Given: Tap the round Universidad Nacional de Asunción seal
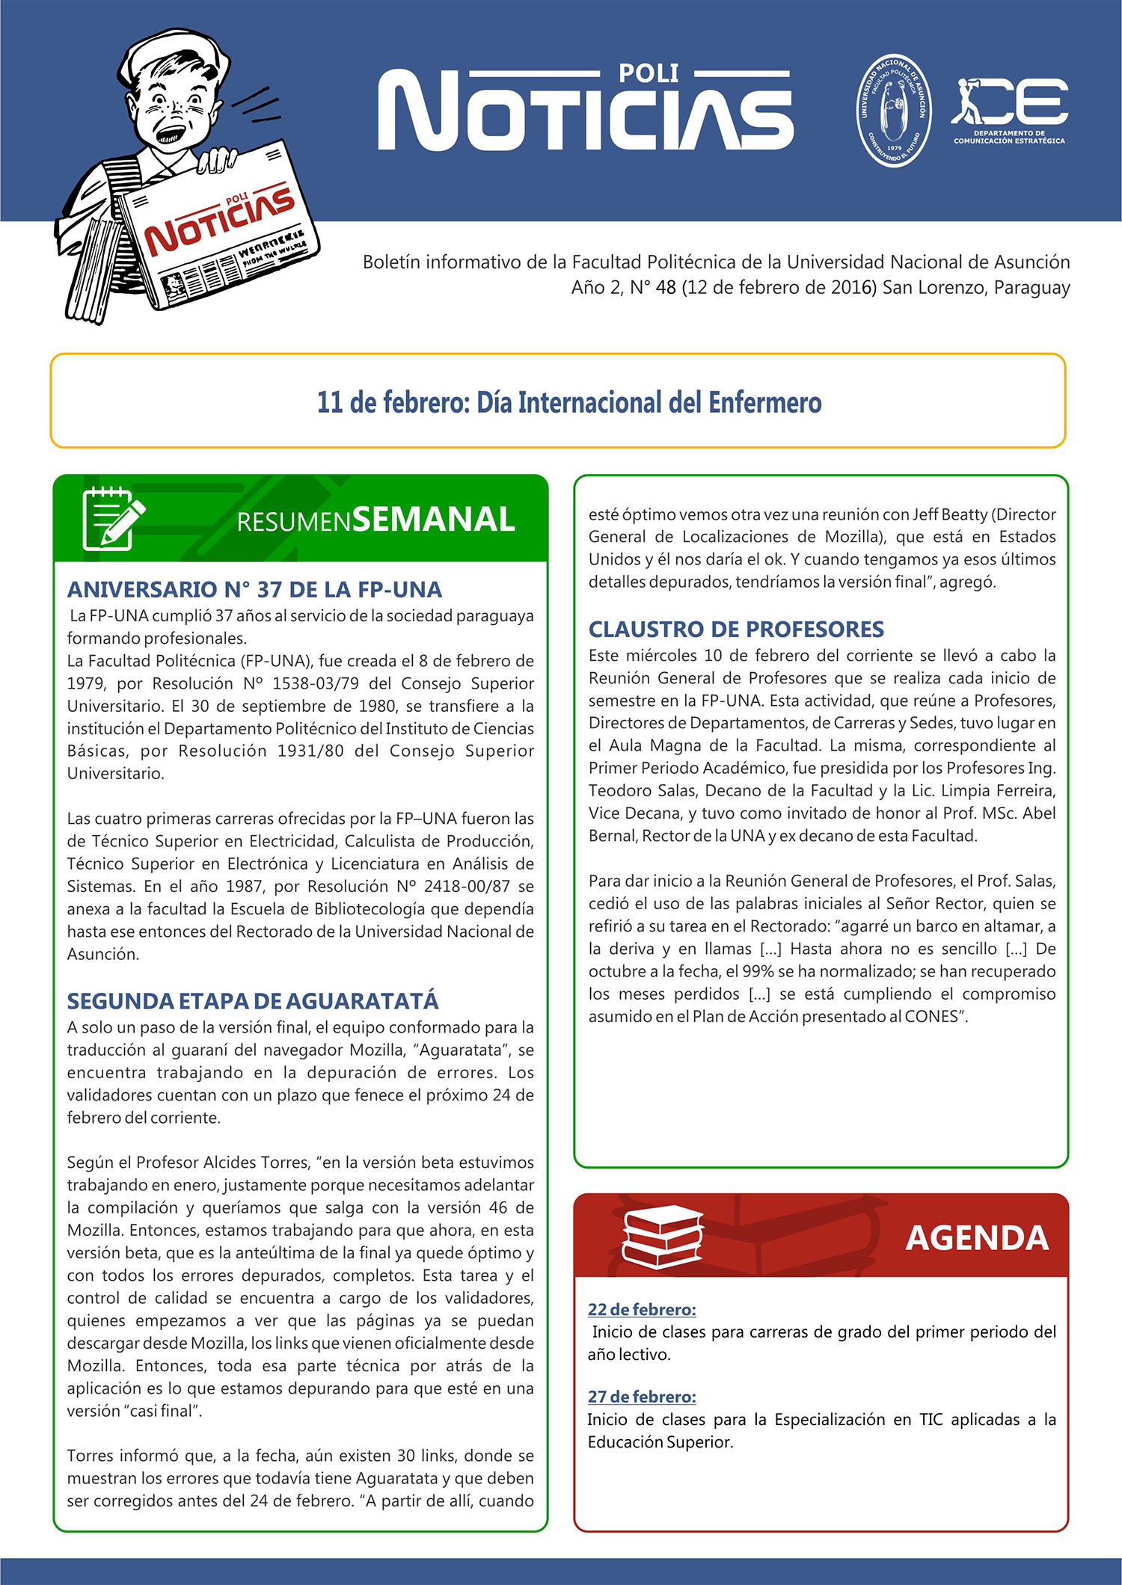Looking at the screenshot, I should point(893,110).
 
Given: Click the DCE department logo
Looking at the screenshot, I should point(1009,109).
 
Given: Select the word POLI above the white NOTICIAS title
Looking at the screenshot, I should point(649,73).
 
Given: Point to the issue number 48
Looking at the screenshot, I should point(666,287).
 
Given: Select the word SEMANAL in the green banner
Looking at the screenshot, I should point(434,520).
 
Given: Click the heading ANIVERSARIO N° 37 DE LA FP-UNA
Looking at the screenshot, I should point(254,589).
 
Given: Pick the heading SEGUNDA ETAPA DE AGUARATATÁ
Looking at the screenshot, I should point(253,1000).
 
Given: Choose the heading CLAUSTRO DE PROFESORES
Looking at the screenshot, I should point(736,629).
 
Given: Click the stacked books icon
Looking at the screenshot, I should point(662,1236).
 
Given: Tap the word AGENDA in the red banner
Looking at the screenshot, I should point(977,1238).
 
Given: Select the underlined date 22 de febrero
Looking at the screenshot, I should point(642,1309).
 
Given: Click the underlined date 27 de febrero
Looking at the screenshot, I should point(642,1397).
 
